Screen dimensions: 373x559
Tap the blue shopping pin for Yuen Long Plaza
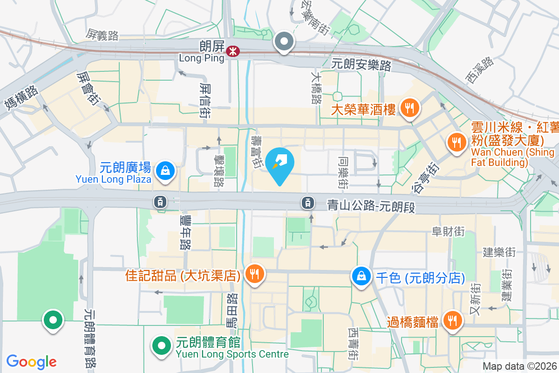tap(165, 171)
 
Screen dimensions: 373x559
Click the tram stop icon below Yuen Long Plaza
tap(160, 201)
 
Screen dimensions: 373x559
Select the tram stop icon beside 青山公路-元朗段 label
tap(307, 202)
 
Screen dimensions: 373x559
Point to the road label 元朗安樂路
tap(361, 65)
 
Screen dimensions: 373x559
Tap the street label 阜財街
tap(448, 231)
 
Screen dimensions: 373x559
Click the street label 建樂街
tap(499, 253)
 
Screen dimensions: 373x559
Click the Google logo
tap(31, 361)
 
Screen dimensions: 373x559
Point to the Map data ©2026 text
tap(519, 366)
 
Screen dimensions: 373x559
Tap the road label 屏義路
tap(102, 34)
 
